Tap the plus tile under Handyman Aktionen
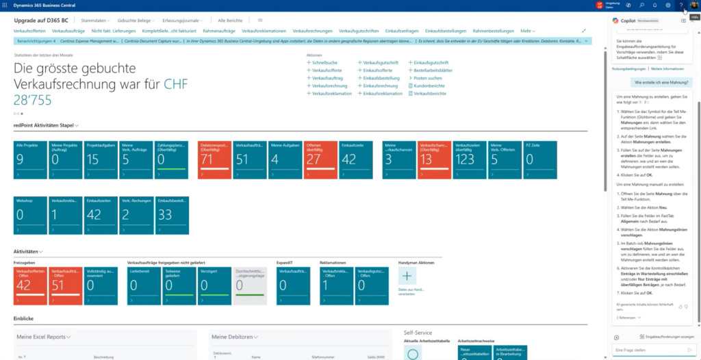(x=407, y=277)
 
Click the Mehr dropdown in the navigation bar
(x=527, y=31)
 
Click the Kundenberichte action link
(x=429, y=86)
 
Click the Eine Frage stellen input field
(x=647, y=350)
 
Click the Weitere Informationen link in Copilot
(x=667, y=69)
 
